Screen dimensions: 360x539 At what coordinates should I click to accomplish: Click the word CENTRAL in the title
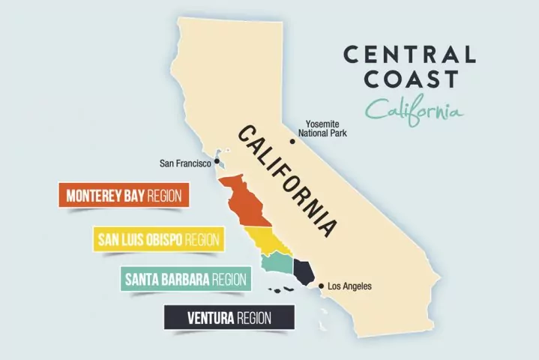[409, 55]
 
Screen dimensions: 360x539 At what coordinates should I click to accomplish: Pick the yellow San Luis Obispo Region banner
[158, 239]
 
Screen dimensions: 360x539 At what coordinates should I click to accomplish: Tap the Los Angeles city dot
[321, 286]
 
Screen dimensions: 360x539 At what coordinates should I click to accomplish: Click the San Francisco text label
[186, 161]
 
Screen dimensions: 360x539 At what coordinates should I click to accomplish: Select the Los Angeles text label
[350, 286]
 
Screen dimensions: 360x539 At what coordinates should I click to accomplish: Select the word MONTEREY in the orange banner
[94, 196]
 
